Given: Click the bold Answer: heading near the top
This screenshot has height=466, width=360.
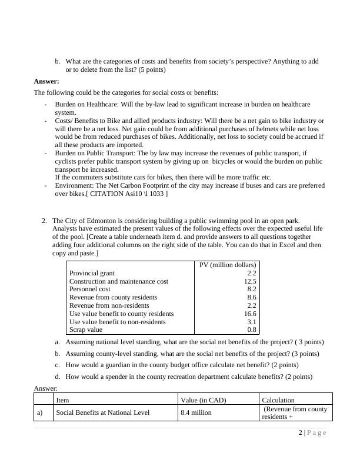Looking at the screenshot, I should (46, 81).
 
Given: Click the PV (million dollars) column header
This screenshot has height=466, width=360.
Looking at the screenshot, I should (228, 265).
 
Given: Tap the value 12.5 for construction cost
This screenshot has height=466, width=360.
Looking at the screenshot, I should (250, 281).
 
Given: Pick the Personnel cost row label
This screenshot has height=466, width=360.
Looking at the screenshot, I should (89, 289).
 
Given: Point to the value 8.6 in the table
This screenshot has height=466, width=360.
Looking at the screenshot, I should (252, 298).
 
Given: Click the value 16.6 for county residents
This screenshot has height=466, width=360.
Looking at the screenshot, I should (250, 314).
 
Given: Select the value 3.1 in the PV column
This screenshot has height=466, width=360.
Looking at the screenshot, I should (252, 322).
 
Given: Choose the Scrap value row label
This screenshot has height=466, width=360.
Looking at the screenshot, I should (86, 330).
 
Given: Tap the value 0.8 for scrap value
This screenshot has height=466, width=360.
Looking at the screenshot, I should (252, 330).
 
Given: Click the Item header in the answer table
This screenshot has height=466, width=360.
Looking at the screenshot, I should (62, 400).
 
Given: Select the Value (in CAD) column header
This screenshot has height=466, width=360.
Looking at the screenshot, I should (202, 400).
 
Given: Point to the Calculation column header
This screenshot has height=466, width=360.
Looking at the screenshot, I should (278, 400).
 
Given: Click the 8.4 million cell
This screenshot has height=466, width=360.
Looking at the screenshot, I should (196, 413).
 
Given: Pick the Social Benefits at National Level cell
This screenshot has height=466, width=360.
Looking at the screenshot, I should (102, 413).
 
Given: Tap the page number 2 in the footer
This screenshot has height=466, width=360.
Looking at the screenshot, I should (301, 433).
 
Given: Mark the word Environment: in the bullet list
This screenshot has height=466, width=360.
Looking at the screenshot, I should (75, 185).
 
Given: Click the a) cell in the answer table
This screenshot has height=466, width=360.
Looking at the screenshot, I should (41, 413).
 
